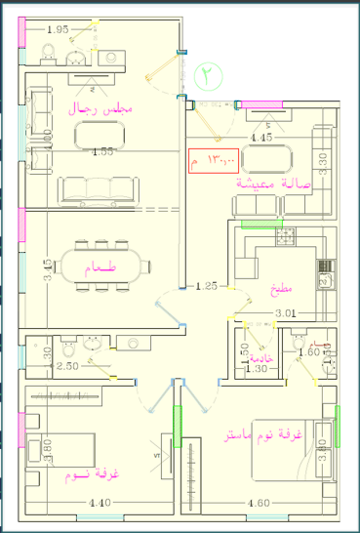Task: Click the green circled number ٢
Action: pyautogui.click(x=208, y=74)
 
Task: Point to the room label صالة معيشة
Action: pyautogui.click(x=282, y=181)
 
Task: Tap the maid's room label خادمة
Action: pyautogui.click(x=255, y=359)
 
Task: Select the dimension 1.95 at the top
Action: pyautogui.click(x=58, y=29)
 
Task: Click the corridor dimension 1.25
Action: pyautogui.click(x=206, y=286)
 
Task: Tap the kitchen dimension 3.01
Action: pyautogui.click(x=284, y=312)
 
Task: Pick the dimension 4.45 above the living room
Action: pyautogui.click(x=260, y=139)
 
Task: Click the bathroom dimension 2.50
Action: pyautogui.click(x=66, y=366)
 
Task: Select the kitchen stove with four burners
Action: pyautogui.click(x=287, y=235)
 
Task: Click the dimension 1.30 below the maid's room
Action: pyautogui.click(x=255, y=369)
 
